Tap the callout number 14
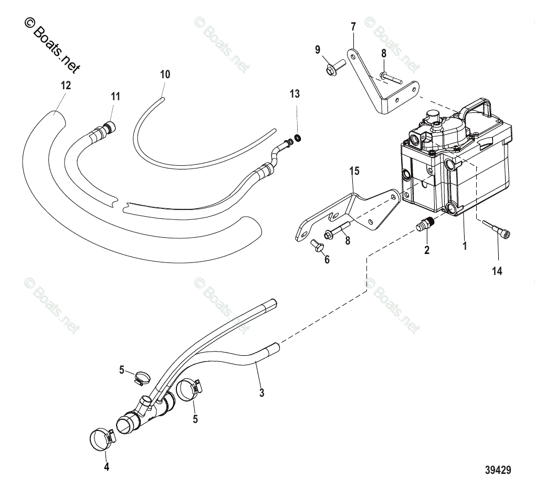point(497,271)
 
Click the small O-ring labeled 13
point(298,138)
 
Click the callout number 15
point(354,171)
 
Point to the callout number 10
point(165,75)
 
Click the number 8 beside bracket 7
point(384,53)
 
